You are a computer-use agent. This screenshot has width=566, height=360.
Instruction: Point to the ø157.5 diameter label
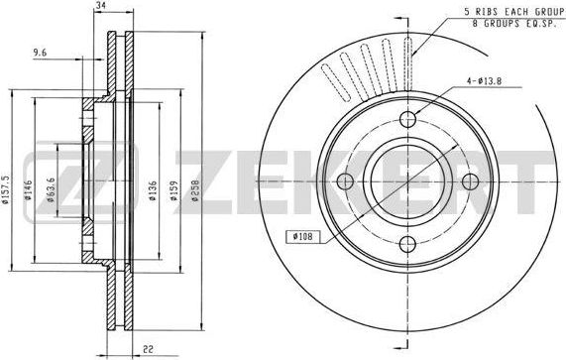(9, 183)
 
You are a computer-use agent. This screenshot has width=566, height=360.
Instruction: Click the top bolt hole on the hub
(408, 120)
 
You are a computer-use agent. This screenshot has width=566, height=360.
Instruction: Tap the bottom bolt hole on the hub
(408, 243)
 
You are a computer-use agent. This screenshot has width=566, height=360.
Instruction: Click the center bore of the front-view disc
(408, 181)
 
